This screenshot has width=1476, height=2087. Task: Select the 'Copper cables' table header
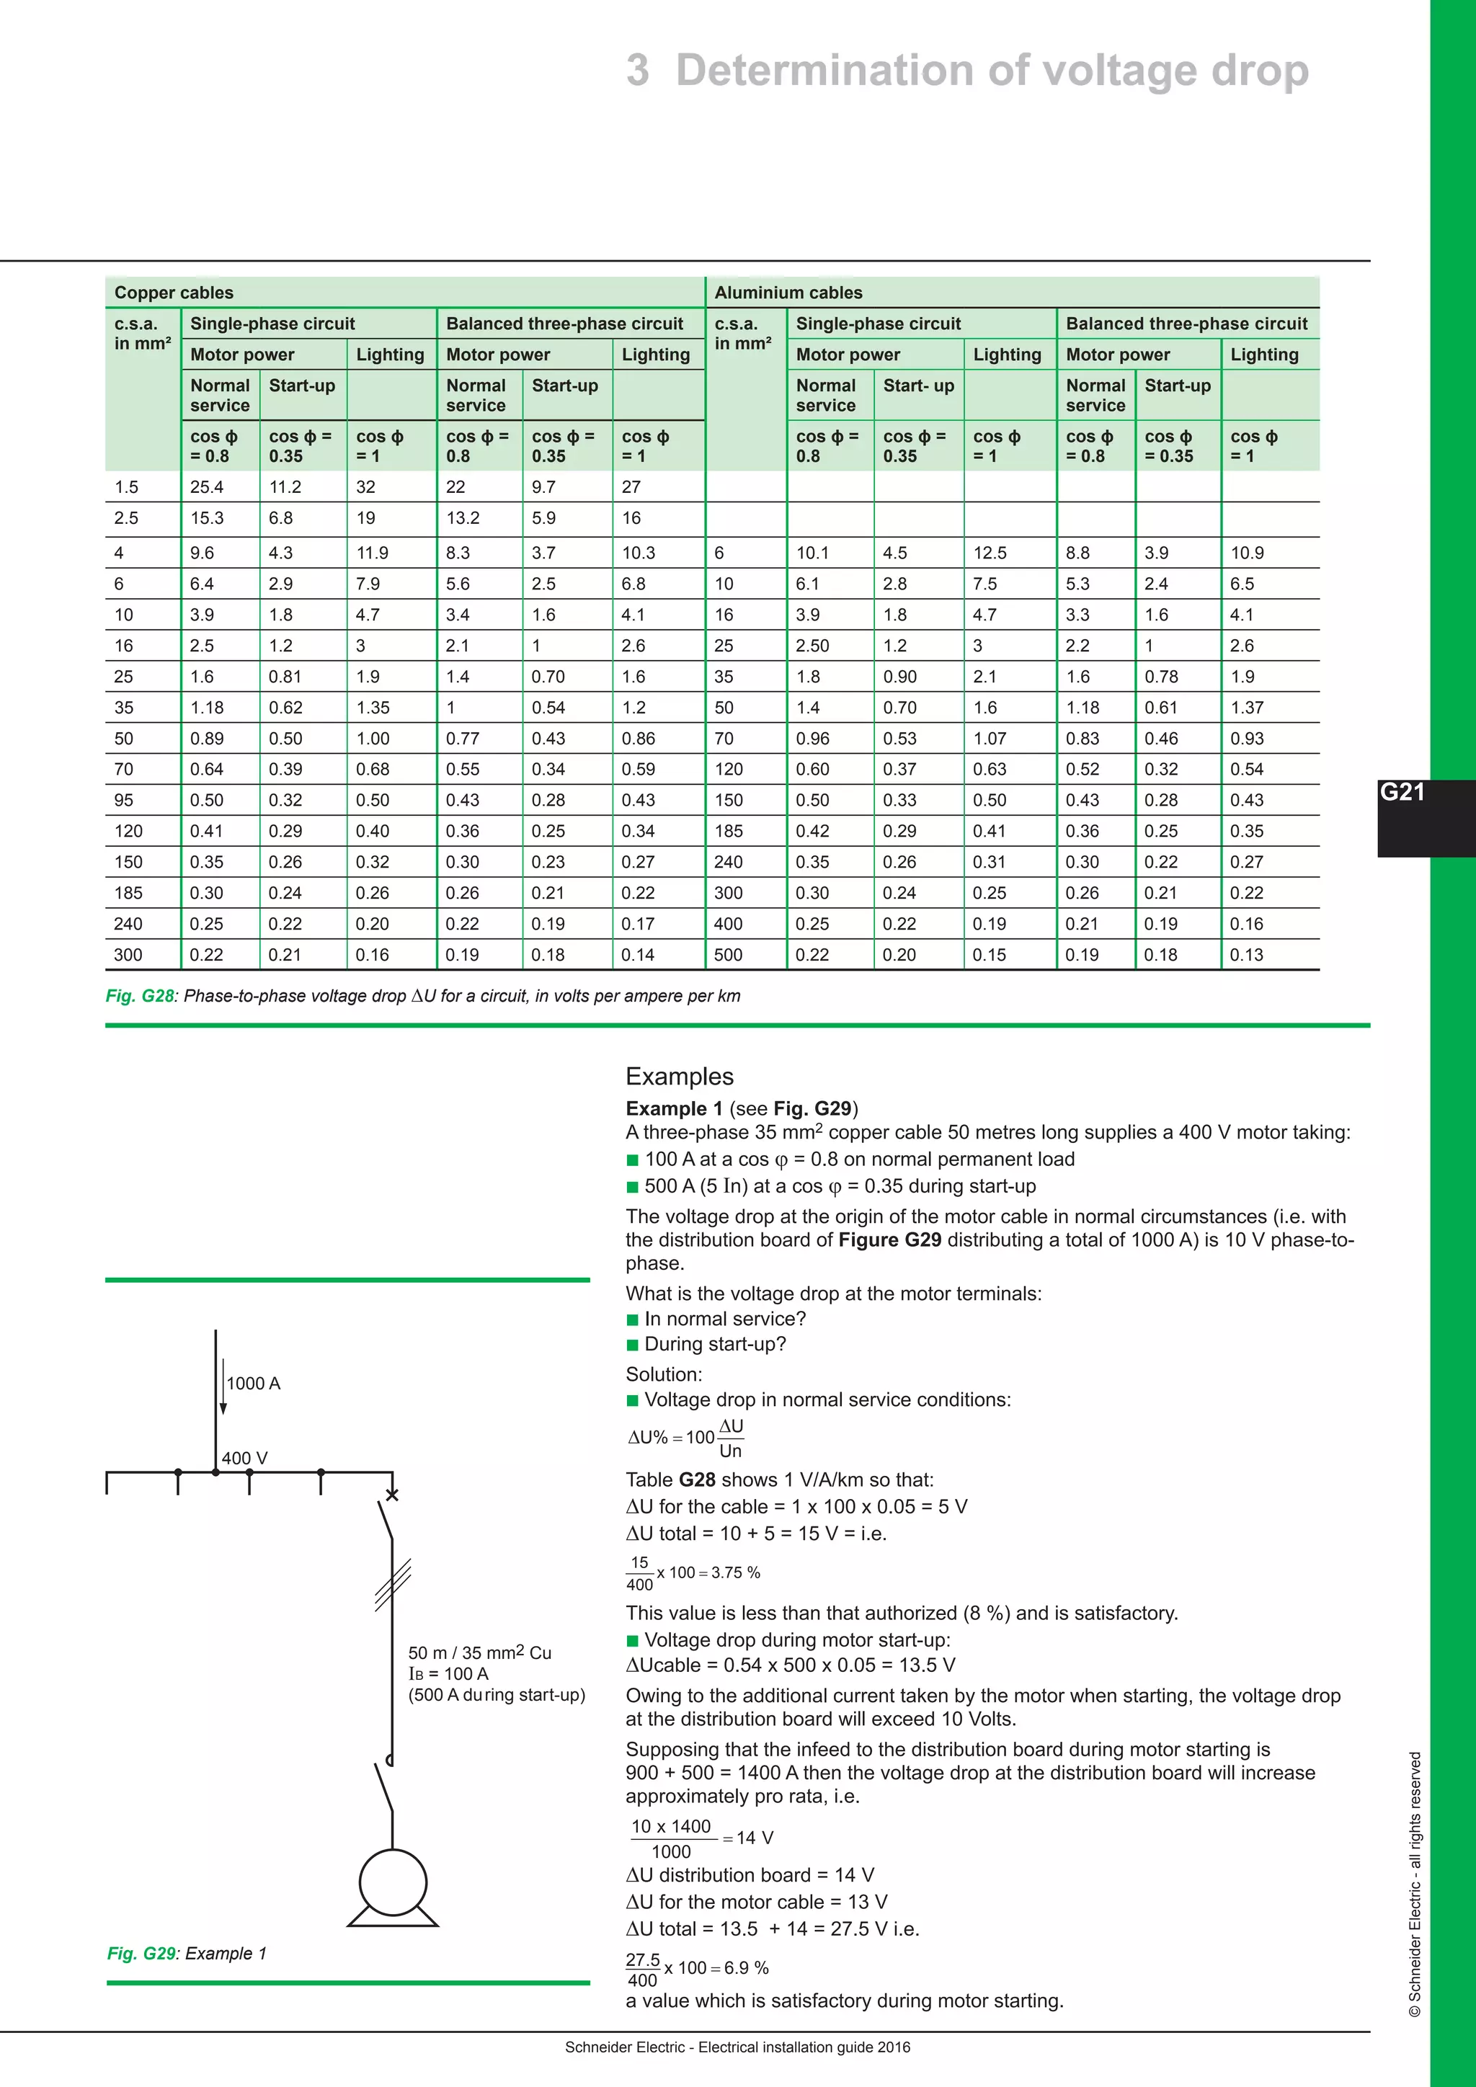pos(174,293)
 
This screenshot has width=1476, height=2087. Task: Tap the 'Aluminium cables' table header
pos(788,293)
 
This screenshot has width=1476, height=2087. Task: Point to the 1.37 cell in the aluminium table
pos(1247,707)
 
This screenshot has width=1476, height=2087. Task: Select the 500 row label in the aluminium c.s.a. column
pos(728,954)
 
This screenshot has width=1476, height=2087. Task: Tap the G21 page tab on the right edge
pos(1402,793)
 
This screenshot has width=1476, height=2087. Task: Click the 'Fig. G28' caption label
pos(140,996)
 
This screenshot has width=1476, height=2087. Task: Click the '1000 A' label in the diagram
pos(254,1384)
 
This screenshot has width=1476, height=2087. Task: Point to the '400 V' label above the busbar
pos(244,1458)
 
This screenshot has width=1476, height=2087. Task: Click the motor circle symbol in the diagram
pos(393,1882)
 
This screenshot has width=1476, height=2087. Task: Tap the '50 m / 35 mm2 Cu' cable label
pos(480,1652)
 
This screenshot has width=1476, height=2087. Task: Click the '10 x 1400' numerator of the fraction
pos(671,1827)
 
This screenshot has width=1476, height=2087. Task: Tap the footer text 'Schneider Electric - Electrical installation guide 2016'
pos(737,2047)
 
